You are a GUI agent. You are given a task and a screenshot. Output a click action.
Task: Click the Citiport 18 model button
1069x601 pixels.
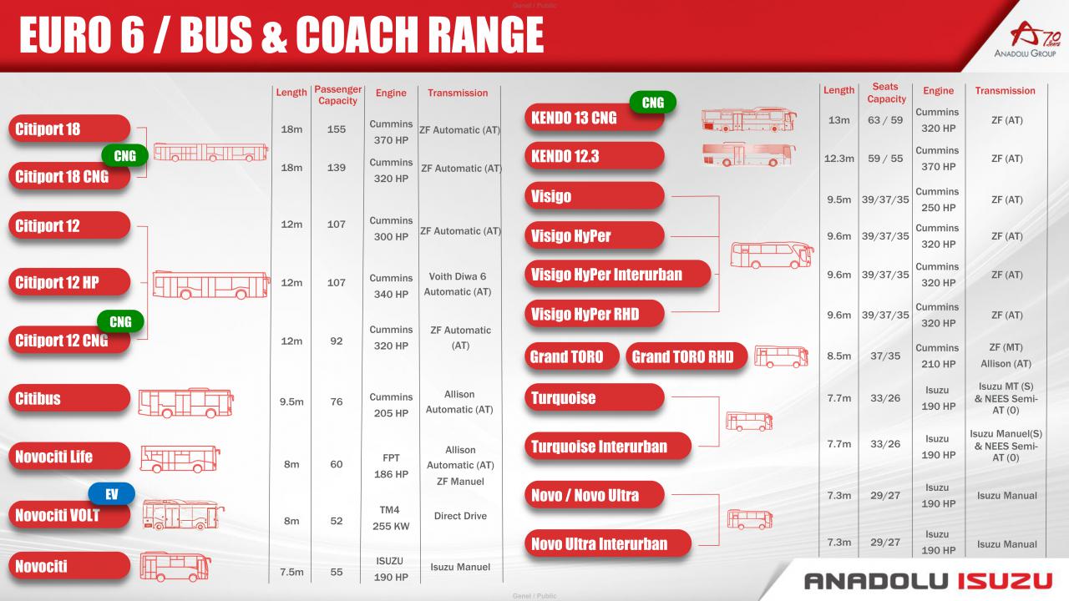69,129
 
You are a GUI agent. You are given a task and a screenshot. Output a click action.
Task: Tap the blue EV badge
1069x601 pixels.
112,494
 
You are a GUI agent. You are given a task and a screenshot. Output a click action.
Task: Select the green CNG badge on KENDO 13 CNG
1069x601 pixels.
653,103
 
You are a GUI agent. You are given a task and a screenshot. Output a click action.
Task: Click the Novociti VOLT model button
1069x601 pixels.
69,515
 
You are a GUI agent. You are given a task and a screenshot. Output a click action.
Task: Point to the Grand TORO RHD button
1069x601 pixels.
686,356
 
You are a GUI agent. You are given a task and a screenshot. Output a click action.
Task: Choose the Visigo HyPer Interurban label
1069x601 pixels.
617,275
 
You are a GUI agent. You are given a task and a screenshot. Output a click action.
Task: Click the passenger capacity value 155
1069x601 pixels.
337,129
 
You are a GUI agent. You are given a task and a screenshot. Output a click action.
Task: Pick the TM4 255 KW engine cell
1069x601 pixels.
390,518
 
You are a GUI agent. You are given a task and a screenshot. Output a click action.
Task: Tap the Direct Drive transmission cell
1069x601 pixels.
460,516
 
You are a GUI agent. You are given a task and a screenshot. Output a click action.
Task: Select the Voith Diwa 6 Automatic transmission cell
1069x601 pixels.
457,284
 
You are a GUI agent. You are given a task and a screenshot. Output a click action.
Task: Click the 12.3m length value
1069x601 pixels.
838,159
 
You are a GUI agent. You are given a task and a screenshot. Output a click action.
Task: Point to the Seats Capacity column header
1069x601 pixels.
886,93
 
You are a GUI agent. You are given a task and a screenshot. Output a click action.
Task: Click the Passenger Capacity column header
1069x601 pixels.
338,95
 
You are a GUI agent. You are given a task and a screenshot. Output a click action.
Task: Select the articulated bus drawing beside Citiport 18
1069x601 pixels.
210,152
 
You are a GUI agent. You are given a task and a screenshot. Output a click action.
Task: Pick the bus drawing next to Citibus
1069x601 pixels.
185,402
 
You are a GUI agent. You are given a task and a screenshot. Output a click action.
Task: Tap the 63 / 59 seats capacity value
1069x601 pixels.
885,120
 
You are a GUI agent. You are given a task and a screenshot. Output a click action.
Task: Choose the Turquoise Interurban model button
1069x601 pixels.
608,447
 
